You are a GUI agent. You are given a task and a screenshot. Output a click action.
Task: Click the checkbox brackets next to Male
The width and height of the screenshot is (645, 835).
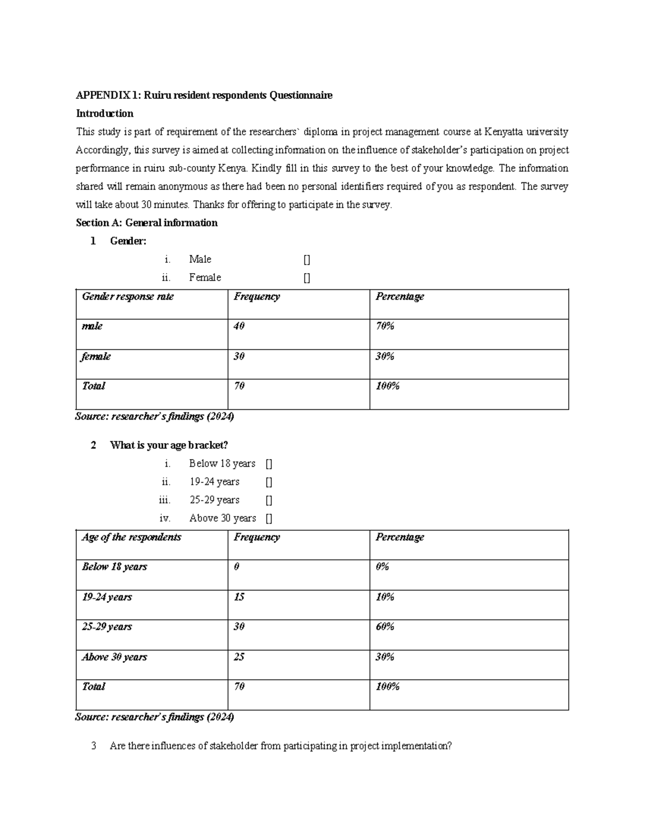307,260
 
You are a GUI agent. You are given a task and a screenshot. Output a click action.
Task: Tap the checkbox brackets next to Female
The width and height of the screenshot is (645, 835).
307,278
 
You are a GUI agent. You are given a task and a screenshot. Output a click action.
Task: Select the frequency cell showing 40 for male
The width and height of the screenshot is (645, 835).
239,326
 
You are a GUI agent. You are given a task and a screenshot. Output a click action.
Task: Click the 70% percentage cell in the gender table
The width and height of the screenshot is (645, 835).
385,326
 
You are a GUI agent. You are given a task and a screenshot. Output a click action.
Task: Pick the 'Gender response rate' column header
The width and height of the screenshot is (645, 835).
128,297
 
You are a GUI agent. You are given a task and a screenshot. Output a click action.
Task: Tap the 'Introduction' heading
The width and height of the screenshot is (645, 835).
105,113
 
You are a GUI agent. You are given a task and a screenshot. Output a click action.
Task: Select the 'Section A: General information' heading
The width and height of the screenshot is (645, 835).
147,223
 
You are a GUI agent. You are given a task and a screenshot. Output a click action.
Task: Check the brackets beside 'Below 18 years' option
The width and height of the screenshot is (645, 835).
269,464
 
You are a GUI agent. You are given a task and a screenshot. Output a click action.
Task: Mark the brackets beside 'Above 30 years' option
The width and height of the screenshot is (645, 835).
269,519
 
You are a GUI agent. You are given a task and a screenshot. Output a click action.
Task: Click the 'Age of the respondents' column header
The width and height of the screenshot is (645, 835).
132,537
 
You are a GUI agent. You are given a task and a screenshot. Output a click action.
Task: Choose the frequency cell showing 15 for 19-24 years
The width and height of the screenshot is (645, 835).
239,597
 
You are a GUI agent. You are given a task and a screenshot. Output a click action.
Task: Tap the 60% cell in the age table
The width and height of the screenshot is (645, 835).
385,627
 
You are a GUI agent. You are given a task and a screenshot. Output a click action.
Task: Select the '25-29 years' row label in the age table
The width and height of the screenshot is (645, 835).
107,627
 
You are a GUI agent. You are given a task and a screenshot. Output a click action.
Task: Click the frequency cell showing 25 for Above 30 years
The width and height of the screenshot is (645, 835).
239,657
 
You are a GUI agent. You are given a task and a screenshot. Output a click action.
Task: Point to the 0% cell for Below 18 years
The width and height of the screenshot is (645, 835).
382,567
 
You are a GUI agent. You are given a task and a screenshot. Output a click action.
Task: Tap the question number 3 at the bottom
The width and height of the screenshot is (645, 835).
94,746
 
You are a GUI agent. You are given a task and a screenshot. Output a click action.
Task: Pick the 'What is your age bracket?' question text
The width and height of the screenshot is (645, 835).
169,446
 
